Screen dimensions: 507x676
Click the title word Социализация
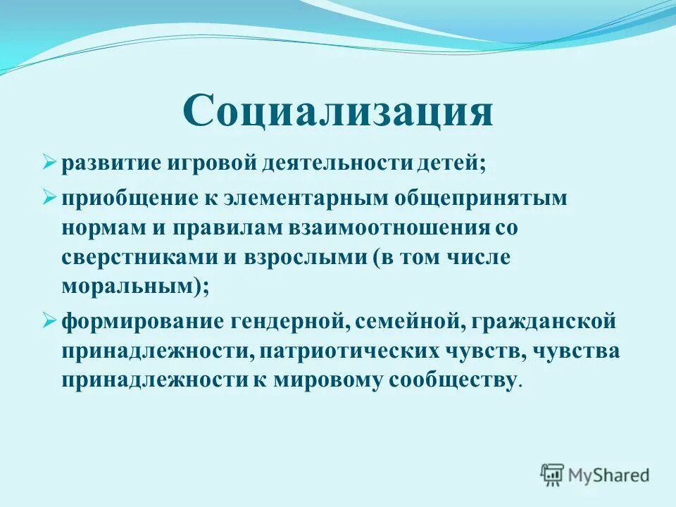[338, 111]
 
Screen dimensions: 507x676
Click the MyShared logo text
[610, 475]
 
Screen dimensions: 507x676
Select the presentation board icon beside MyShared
[553, 475]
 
